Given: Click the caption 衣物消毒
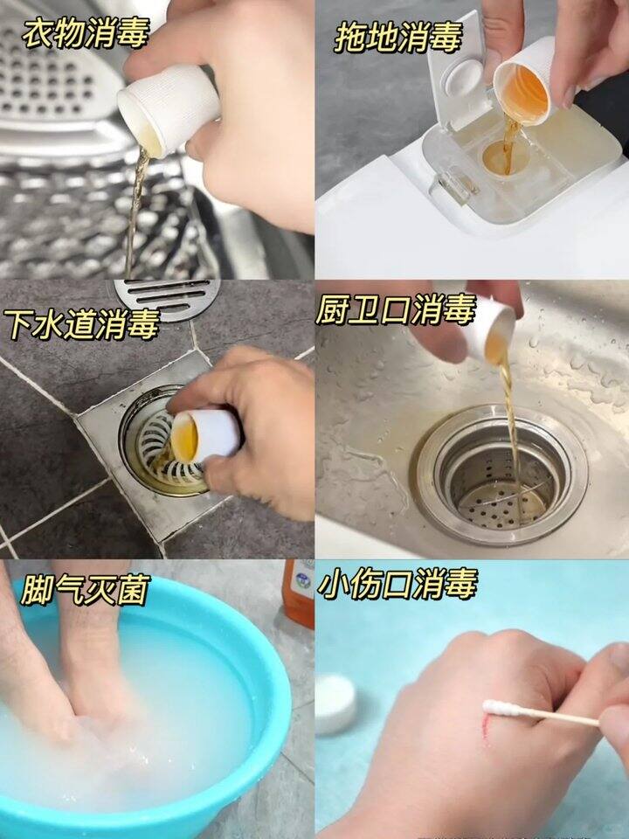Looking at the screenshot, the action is [86, 32].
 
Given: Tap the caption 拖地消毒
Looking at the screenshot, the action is [398, 38].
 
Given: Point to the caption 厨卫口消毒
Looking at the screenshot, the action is [395, 309].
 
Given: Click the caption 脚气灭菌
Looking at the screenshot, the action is [86, 590].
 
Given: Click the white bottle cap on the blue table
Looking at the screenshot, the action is [335, 704].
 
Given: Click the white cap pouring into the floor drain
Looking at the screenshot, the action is [206, 435].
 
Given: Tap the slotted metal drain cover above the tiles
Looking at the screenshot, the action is [167, 298].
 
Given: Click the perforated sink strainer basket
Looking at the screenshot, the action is [499, 482].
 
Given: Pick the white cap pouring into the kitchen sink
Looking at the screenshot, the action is [489, 332].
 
